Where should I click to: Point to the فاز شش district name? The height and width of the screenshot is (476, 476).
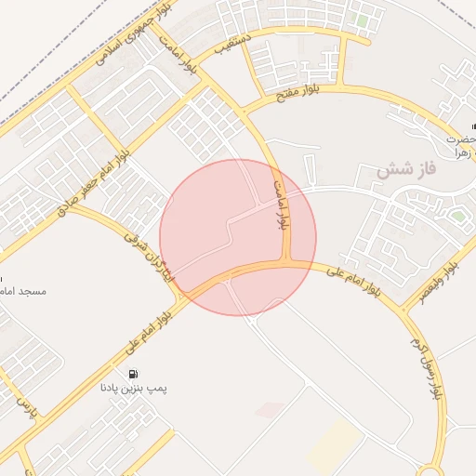pyautogui.click(x=406, y=171)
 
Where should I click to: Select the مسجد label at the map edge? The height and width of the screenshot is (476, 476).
pyautogui.click(x=24, y=291)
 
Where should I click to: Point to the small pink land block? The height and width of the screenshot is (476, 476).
pyautogui.click(x=269, y=409)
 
